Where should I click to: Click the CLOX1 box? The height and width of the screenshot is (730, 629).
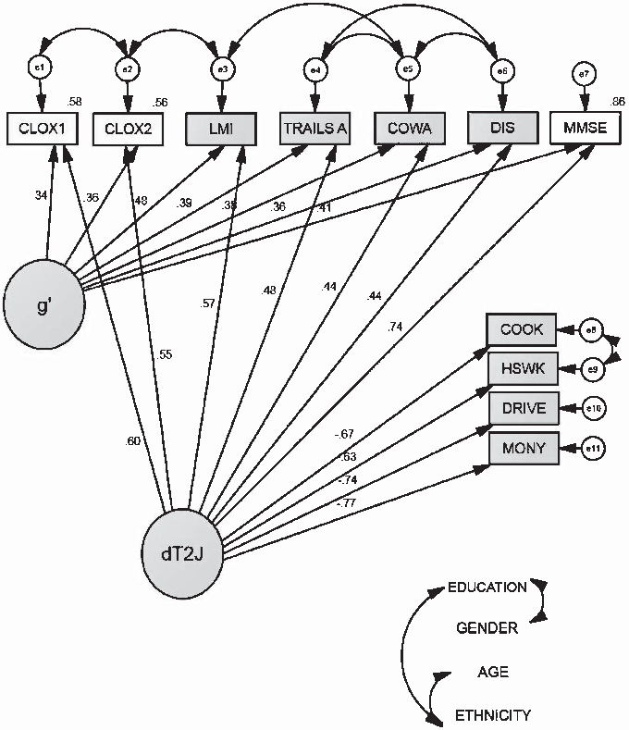[x=41, y=128]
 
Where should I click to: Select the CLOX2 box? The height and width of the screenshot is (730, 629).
[x=129, y=128]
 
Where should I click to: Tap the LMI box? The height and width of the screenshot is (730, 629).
[x=220, y=128]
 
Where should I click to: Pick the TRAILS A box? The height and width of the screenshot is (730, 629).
[x=314, y=128]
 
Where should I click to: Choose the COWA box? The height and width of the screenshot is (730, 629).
[x=408, y=128]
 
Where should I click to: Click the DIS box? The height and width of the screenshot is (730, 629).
[x=502, y=128]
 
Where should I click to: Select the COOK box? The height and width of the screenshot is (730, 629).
[x=521, y=329]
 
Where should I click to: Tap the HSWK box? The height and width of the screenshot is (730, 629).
[x=521, y=369]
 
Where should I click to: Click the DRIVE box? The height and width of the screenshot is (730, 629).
[x=521, y=408]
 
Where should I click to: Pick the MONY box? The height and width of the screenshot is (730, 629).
[x=521, y=449]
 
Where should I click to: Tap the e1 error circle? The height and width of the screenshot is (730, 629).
[x=41, y=68]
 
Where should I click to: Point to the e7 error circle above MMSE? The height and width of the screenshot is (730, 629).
[x=583, y=74]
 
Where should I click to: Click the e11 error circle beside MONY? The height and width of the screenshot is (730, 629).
[x=592, y=449]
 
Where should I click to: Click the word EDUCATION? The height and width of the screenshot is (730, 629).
[x=487, y=588]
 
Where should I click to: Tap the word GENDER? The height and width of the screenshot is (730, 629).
[x=487, y=629]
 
